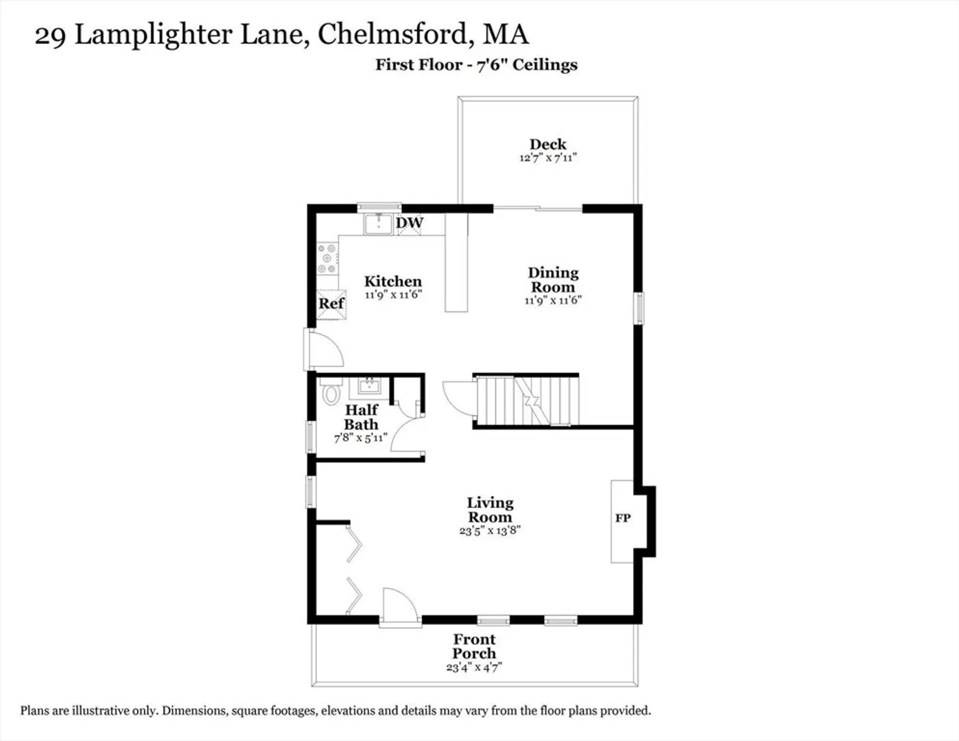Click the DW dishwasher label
tap(410, 222)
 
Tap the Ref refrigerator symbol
tap(331, 304)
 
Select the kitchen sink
tap(378, 224)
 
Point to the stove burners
tap(327, 259)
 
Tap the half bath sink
tap(369, 388)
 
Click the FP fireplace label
tap(623, 518)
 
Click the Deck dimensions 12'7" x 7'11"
tap(547, 158)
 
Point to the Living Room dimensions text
tap(490, 530)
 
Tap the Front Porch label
tap(475, 646)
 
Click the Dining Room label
tap(554, 280)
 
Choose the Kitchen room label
tap(393, 281)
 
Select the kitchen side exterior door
tap(324, 349)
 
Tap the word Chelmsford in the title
tap(392, 34)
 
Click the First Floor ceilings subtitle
tap(476, 65)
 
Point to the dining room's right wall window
tap(639, 308)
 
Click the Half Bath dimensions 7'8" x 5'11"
tap(361, 438)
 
